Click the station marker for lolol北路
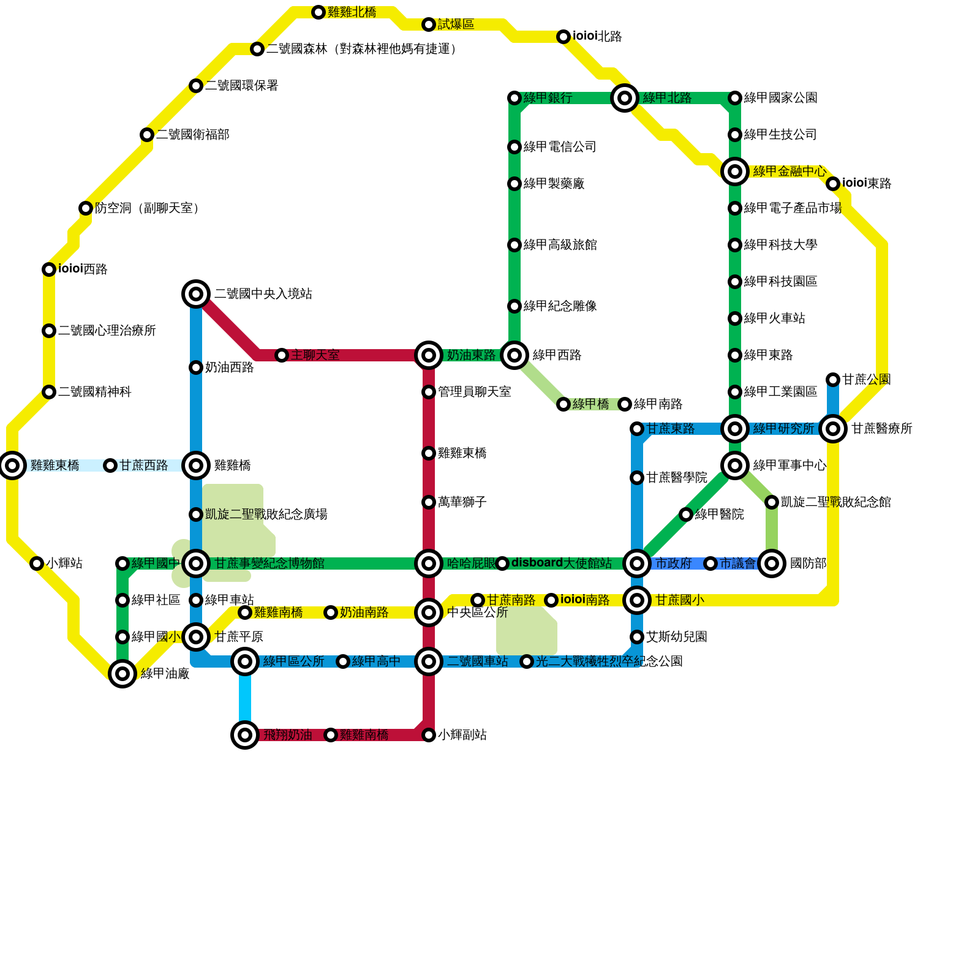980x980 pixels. click(x=563, y=37)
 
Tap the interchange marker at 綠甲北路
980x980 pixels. click(x=625, y=98)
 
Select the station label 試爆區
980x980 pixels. click(x=456, y=24)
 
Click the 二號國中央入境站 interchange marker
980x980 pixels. click(x=196, y=294)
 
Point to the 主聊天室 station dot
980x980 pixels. click(x=282, y=355)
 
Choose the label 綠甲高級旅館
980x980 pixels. click(x=560, y=245)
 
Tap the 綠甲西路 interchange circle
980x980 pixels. click(x=514, y=355)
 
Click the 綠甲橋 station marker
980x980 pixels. click(x=563, y=404)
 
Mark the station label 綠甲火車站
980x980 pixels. click(x=774, y=318)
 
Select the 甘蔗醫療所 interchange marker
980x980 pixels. click(x=833, y=429)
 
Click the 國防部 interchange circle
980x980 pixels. click(x=772, y=563)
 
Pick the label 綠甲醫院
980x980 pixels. click(x=719, y=514)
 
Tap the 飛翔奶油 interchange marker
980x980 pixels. click(x=245, y=735)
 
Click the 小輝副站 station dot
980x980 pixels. click(x=429, y=735)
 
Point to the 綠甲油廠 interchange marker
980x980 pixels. click(x=123, y=674)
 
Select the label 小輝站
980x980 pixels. click(x=64, y=563)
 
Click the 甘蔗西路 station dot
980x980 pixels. click(x=110, y=466)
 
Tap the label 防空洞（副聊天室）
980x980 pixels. click(x=147, y=208)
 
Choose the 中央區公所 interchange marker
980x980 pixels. click(x=429, y=612)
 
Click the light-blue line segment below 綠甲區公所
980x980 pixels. click(x=245, y=698)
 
